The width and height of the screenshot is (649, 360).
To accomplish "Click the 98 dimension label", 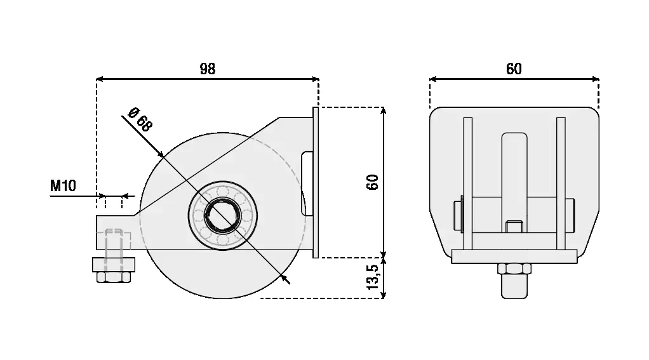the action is pyautogui.click(x=208, y=69).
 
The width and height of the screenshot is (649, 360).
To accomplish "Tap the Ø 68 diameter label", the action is pyautogui.click(x=140, y=119).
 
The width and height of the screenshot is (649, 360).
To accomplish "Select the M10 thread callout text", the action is pyautogui.click(x=63, y=186).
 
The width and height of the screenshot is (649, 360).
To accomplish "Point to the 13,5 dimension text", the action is pyautogui.click(x=373, y=277).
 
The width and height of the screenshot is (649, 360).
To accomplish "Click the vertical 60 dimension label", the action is pyautogui.click(x=373, y=182).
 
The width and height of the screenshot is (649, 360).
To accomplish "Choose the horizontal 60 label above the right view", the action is pyautogui.click(x=514, y=69).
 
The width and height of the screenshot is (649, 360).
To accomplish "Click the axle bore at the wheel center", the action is pyautogui.click(x=223, y=215).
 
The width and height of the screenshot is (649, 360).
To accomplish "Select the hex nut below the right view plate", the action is pyautogui.click(x=514, y=269).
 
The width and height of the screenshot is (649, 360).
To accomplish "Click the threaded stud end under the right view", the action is pyautogui.click(x=514, y=286).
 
